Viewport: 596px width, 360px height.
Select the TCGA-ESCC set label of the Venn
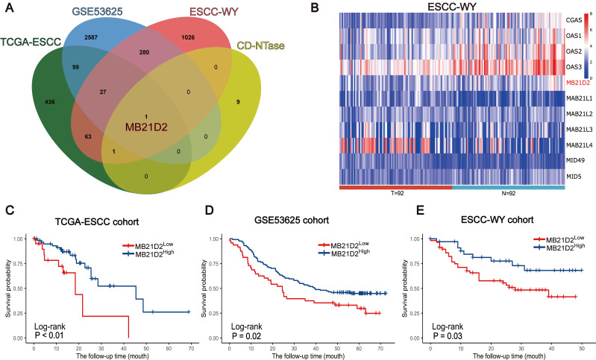click(x=38, y=42)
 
